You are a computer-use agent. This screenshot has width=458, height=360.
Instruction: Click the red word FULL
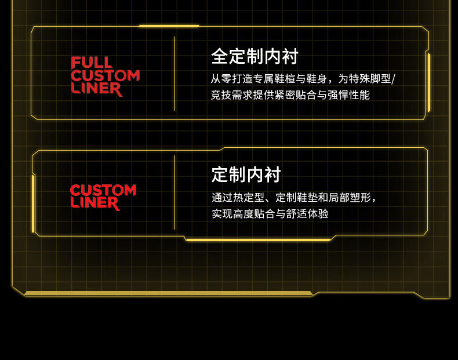point(92,63)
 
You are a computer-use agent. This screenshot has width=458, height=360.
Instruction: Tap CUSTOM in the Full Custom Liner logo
point(105,76)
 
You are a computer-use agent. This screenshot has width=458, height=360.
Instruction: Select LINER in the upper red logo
point(96,89)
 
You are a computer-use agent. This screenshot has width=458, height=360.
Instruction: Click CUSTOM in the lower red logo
point(103,190)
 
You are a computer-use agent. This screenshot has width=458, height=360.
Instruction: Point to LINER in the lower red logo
point(95,203)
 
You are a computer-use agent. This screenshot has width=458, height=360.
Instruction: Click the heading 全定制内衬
point(255,57)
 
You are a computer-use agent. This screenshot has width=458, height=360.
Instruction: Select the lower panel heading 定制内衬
point(246,174)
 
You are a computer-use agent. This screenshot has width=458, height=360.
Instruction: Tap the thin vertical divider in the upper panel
point(174,74)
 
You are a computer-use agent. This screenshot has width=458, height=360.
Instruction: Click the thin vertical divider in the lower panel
point(174,192)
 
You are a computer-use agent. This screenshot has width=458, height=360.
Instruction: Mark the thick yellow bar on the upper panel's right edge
point(428,82)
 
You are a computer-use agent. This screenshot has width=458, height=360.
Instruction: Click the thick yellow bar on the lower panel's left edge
point(34,203)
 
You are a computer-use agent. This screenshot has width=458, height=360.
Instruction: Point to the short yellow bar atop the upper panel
point(169,26)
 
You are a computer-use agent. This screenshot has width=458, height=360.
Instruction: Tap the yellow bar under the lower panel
point(258,239)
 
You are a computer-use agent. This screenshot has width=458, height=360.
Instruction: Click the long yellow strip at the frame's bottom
point(168,293)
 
